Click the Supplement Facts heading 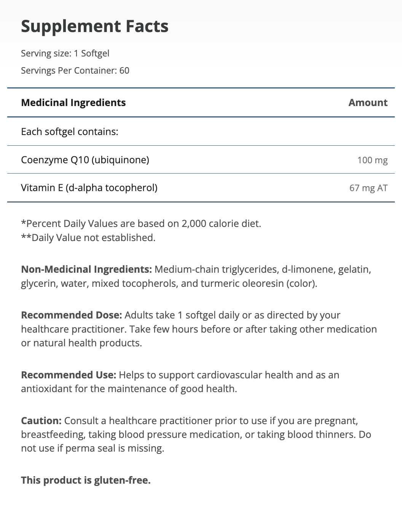pyautogui.click(x=94, y=26)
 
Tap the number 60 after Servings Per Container pyautogui.click(x=124, y=71)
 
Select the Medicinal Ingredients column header pyautogui.click(x=73, y=103)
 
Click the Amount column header pyautogui.click(x=368, y=103)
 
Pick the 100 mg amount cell pyautogui.click(x=372, y=160)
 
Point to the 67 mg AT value pyautogui.click(x=368, y=188)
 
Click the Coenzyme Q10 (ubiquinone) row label pyautogui.click(x=85, y=160)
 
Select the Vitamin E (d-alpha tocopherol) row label pyautogui.click(x=89, y=188)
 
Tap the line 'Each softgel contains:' pyautogui.click(x=70, y=132)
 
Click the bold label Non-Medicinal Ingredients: pyautogui.click(x=86, y=269)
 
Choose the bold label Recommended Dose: pyautogui.click(x=71, y=315)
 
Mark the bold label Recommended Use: pyautogui.click(x=69, y=375)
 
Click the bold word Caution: pyautogui.click(x=41, y=421)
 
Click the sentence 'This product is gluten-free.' pyautogui.click(x=86, y=480)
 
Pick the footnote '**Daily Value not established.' pyautogui.click(x=88, y=238)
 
